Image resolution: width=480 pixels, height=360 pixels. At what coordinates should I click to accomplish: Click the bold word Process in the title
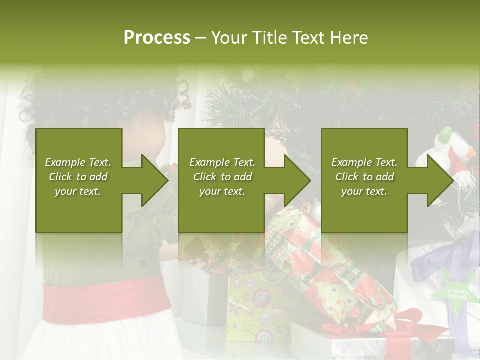(157, 38)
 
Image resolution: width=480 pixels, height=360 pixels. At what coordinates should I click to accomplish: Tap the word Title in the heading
(270, 38)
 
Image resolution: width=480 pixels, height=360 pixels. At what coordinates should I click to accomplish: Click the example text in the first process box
(78, 177)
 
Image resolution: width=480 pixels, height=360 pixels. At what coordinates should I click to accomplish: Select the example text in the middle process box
(222, 177)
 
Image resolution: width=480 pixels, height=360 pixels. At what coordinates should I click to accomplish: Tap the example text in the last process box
(364, 177)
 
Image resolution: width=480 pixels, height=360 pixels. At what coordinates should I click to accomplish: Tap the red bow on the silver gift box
(400, 325)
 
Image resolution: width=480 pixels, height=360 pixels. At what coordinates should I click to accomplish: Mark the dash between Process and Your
(201, 38)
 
